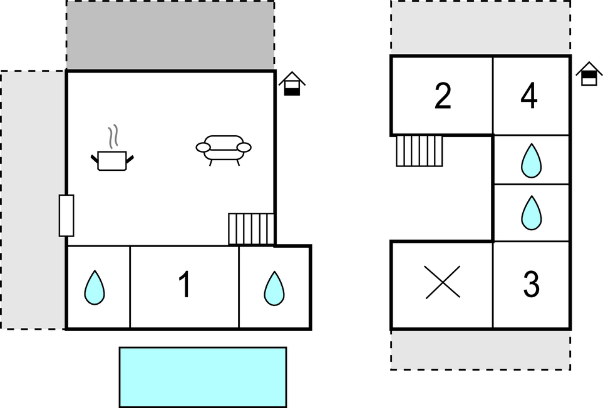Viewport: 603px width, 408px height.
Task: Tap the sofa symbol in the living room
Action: coord(224,149)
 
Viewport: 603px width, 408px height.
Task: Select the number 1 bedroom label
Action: coord(185,284)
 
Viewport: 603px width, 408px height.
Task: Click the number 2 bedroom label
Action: coord(443,96)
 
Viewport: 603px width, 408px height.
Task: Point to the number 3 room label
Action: coord(532,284)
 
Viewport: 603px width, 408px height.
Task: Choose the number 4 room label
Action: coord(528,96)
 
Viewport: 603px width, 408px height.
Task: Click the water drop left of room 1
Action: coord(95,288)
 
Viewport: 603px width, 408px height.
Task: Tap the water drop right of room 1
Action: coord(274,288)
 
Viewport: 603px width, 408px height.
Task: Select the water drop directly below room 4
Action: coord(531,161)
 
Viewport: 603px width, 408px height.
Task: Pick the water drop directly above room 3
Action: coord(532,213)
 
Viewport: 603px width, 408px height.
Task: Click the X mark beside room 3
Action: coord(443,282)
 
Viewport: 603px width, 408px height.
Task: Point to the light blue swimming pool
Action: coord(203,377)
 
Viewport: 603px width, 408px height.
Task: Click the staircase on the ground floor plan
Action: coord(251,228)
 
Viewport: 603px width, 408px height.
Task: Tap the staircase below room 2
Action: coord(420,151)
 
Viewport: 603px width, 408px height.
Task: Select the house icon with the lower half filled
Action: coord(292,83)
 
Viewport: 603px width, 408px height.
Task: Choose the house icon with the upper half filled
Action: coord(589,74)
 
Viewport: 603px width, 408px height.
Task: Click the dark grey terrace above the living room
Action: coord(170,35)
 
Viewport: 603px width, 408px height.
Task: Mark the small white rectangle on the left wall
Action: coord(66,215)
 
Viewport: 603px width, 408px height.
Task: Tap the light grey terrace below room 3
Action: coord(481,350)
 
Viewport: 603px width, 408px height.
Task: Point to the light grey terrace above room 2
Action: coord(481,28)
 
